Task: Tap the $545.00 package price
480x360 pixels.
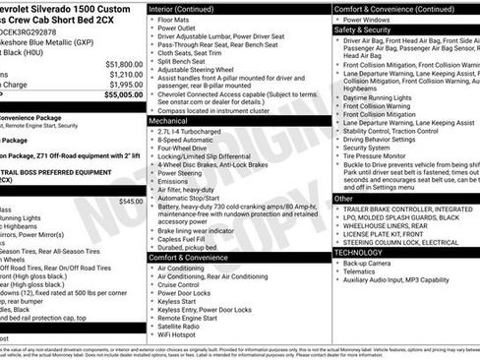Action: [130, 201]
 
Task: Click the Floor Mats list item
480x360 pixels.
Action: [176, 19]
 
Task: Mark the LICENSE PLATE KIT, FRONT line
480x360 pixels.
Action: [390, 233]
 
